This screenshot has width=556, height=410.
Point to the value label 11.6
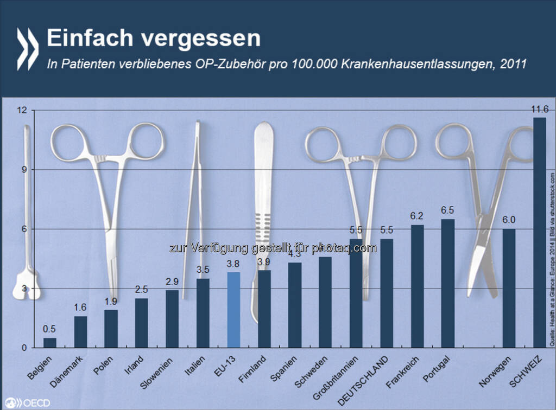tap(539, 110)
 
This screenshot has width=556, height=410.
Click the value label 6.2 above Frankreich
tap(418, 215)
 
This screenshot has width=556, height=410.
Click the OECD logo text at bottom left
tap(30, 402)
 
